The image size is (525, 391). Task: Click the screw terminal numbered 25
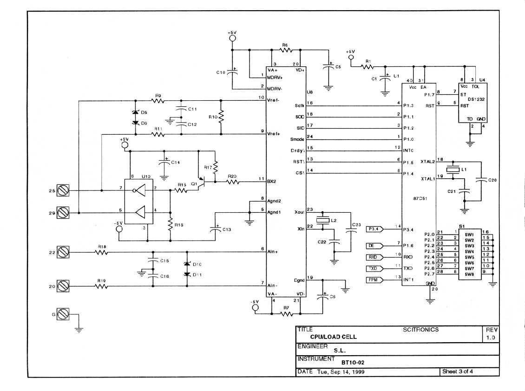(63, 190)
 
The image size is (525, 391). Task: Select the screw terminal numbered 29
(63, 213)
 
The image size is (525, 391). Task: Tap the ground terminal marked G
(63, 315)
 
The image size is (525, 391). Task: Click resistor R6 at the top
(285, 50)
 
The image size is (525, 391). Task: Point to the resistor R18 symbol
(101, 253)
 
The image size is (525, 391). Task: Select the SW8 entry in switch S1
(469, 274)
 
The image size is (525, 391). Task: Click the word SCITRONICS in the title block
(420, 330)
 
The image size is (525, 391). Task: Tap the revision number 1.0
(491, 338)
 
